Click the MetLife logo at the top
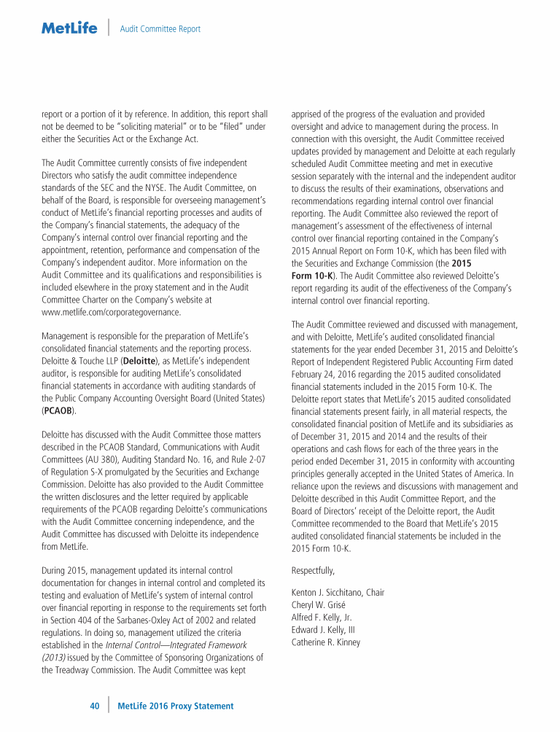(x=69, y=28)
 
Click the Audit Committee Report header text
(x=160, y=29)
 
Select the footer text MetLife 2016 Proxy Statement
(x=175, y=706)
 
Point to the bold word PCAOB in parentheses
(x=58, y=411)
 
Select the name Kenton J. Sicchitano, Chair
(x=338, y=593)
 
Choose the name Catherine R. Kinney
(x=325, y=642)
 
